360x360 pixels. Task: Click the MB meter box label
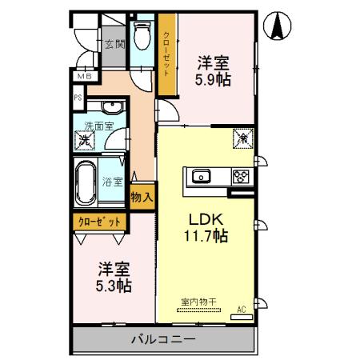(82, 76)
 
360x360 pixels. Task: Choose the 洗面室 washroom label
(99, 125)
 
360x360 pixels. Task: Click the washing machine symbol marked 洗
(83, 142)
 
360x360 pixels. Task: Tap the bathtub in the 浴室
(86, 183)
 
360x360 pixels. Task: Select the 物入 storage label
(142, 196)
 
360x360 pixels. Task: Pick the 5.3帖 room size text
(114, 285)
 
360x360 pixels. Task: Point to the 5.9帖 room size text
(214, 80)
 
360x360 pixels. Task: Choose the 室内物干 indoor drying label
(197, 302)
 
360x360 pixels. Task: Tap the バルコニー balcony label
(163, 340)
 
